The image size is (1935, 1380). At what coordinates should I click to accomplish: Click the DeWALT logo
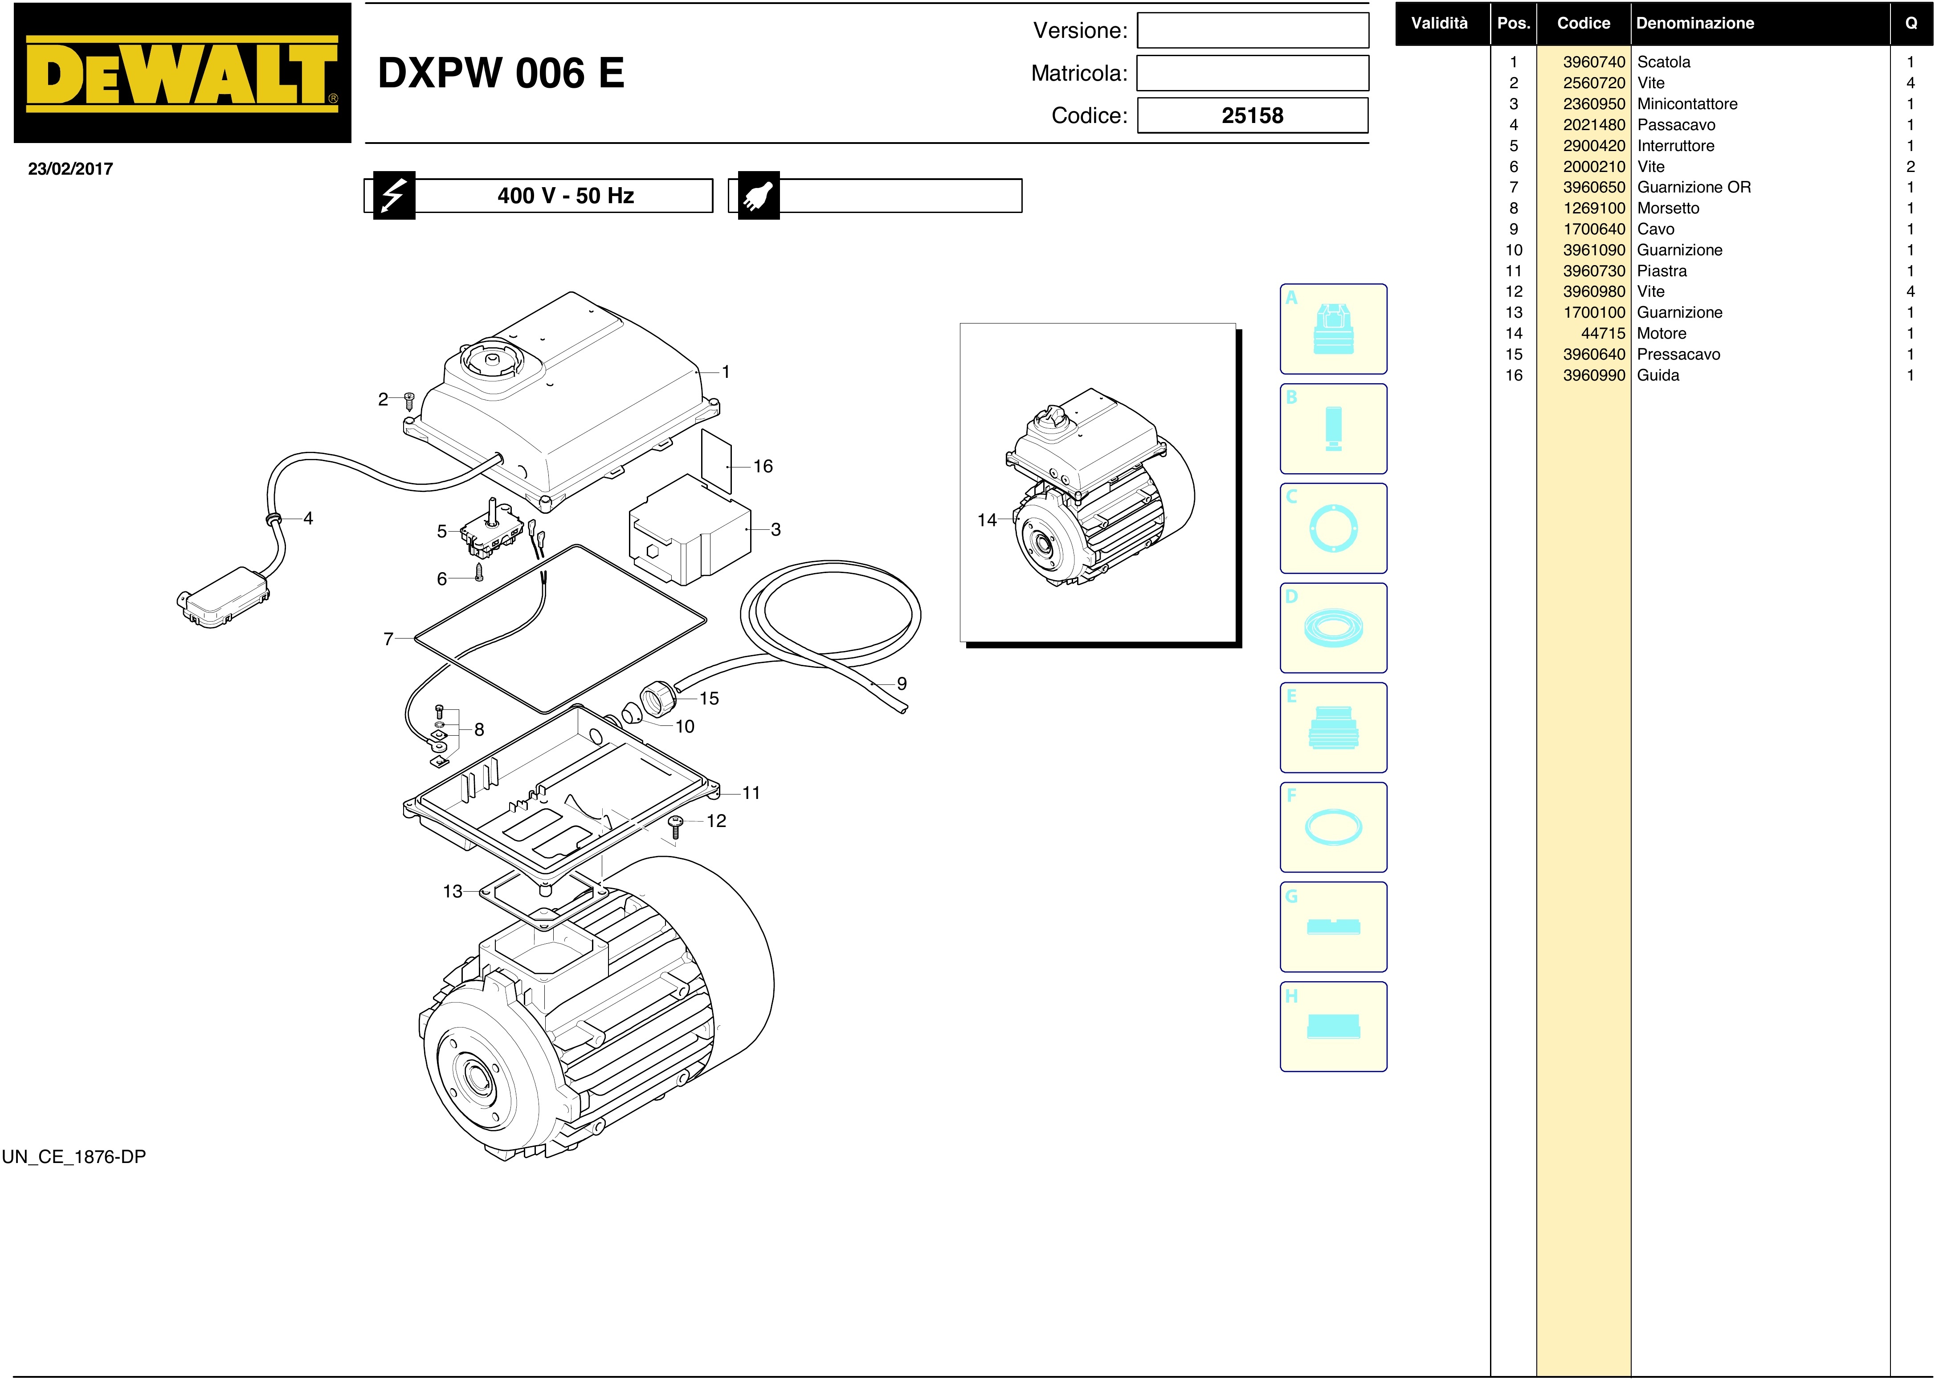pyautogui.click(x=183, y=73)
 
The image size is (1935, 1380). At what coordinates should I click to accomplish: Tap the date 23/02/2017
pyautogui.click(x=70, y=169)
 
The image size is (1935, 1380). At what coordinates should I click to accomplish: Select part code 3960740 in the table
pyautogui.click(x=1593, y=62)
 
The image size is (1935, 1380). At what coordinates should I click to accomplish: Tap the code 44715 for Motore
pyautogui.click(x=1603, y=334)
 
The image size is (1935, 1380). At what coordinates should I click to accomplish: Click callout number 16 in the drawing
pyautogui.click(x=763, y=467)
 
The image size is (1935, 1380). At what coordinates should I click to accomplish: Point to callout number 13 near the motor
pyautogui.click(x=453, y=891)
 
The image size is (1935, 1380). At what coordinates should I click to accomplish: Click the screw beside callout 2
pyautogui.click(x=408, y=400)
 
